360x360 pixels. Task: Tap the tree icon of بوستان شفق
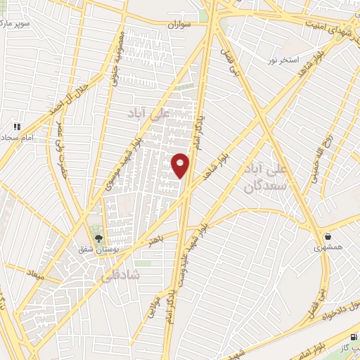[x=98, y=237]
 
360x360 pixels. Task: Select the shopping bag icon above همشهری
[x=328, y=236]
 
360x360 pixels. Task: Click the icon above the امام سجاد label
[x=15, y=127]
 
